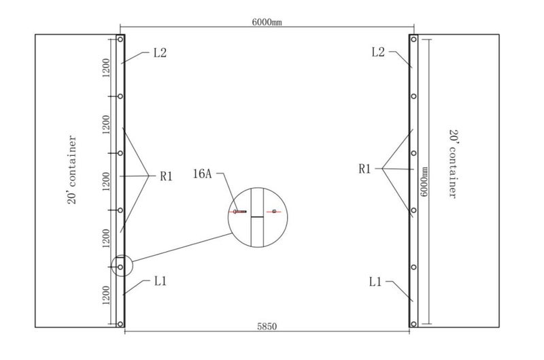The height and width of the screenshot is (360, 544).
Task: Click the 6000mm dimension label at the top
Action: point(267,22)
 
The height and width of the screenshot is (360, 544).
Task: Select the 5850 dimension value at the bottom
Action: point(267,327)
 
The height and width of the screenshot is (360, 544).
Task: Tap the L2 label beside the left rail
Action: point(160,53)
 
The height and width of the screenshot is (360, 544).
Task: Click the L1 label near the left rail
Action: point(160,280)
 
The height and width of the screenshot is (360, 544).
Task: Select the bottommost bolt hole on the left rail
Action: point(120,325)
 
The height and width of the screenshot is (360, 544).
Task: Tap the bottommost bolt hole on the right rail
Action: point(413,325)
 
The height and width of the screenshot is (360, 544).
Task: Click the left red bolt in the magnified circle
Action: point(239,212)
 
